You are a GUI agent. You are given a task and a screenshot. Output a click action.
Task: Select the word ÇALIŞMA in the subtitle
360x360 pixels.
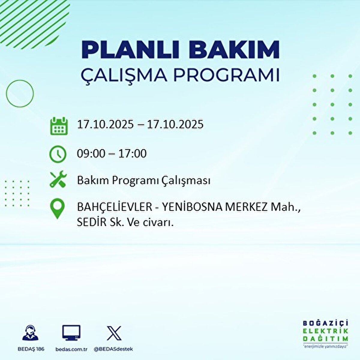pos(124,75)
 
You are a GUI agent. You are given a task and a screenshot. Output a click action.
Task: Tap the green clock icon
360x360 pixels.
pos(58,154)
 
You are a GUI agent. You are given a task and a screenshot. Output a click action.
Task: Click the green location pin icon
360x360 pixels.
pos(58,209)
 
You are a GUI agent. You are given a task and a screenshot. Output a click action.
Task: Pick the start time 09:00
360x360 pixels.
pos(91,154)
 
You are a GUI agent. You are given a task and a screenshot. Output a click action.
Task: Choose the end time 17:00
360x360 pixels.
pos(132,154)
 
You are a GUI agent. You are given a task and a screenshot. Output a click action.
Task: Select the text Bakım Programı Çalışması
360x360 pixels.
pos(144,181)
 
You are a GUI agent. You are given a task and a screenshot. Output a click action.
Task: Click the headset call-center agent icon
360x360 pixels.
pos(31,333)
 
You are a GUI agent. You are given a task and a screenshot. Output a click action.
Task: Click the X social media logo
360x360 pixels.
pos(114,333)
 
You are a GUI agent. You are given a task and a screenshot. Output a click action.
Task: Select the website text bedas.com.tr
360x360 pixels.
pos(71,349)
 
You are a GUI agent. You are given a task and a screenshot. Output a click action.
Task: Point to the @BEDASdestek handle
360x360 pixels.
pos(113,349)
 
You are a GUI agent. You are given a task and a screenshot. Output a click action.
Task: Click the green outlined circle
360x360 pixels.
pos(20,94)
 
